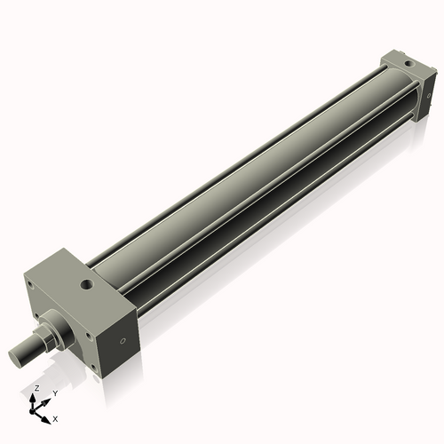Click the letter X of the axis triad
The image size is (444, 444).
click(x=56, y=417)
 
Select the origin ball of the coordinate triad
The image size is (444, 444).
click(x=36, y=409)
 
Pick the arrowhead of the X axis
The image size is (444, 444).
click(x=48, y=416)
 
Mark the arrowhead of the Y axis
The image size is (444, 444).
click(x=47, y=400)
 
